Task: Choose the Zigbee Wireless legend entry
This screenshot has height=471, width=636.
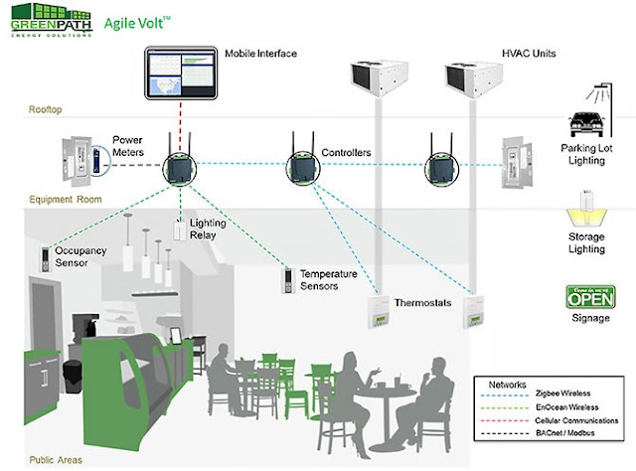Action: tap(551, 397)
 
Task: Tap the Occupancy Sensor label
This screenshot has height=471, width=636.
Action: tap(80, 258)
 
